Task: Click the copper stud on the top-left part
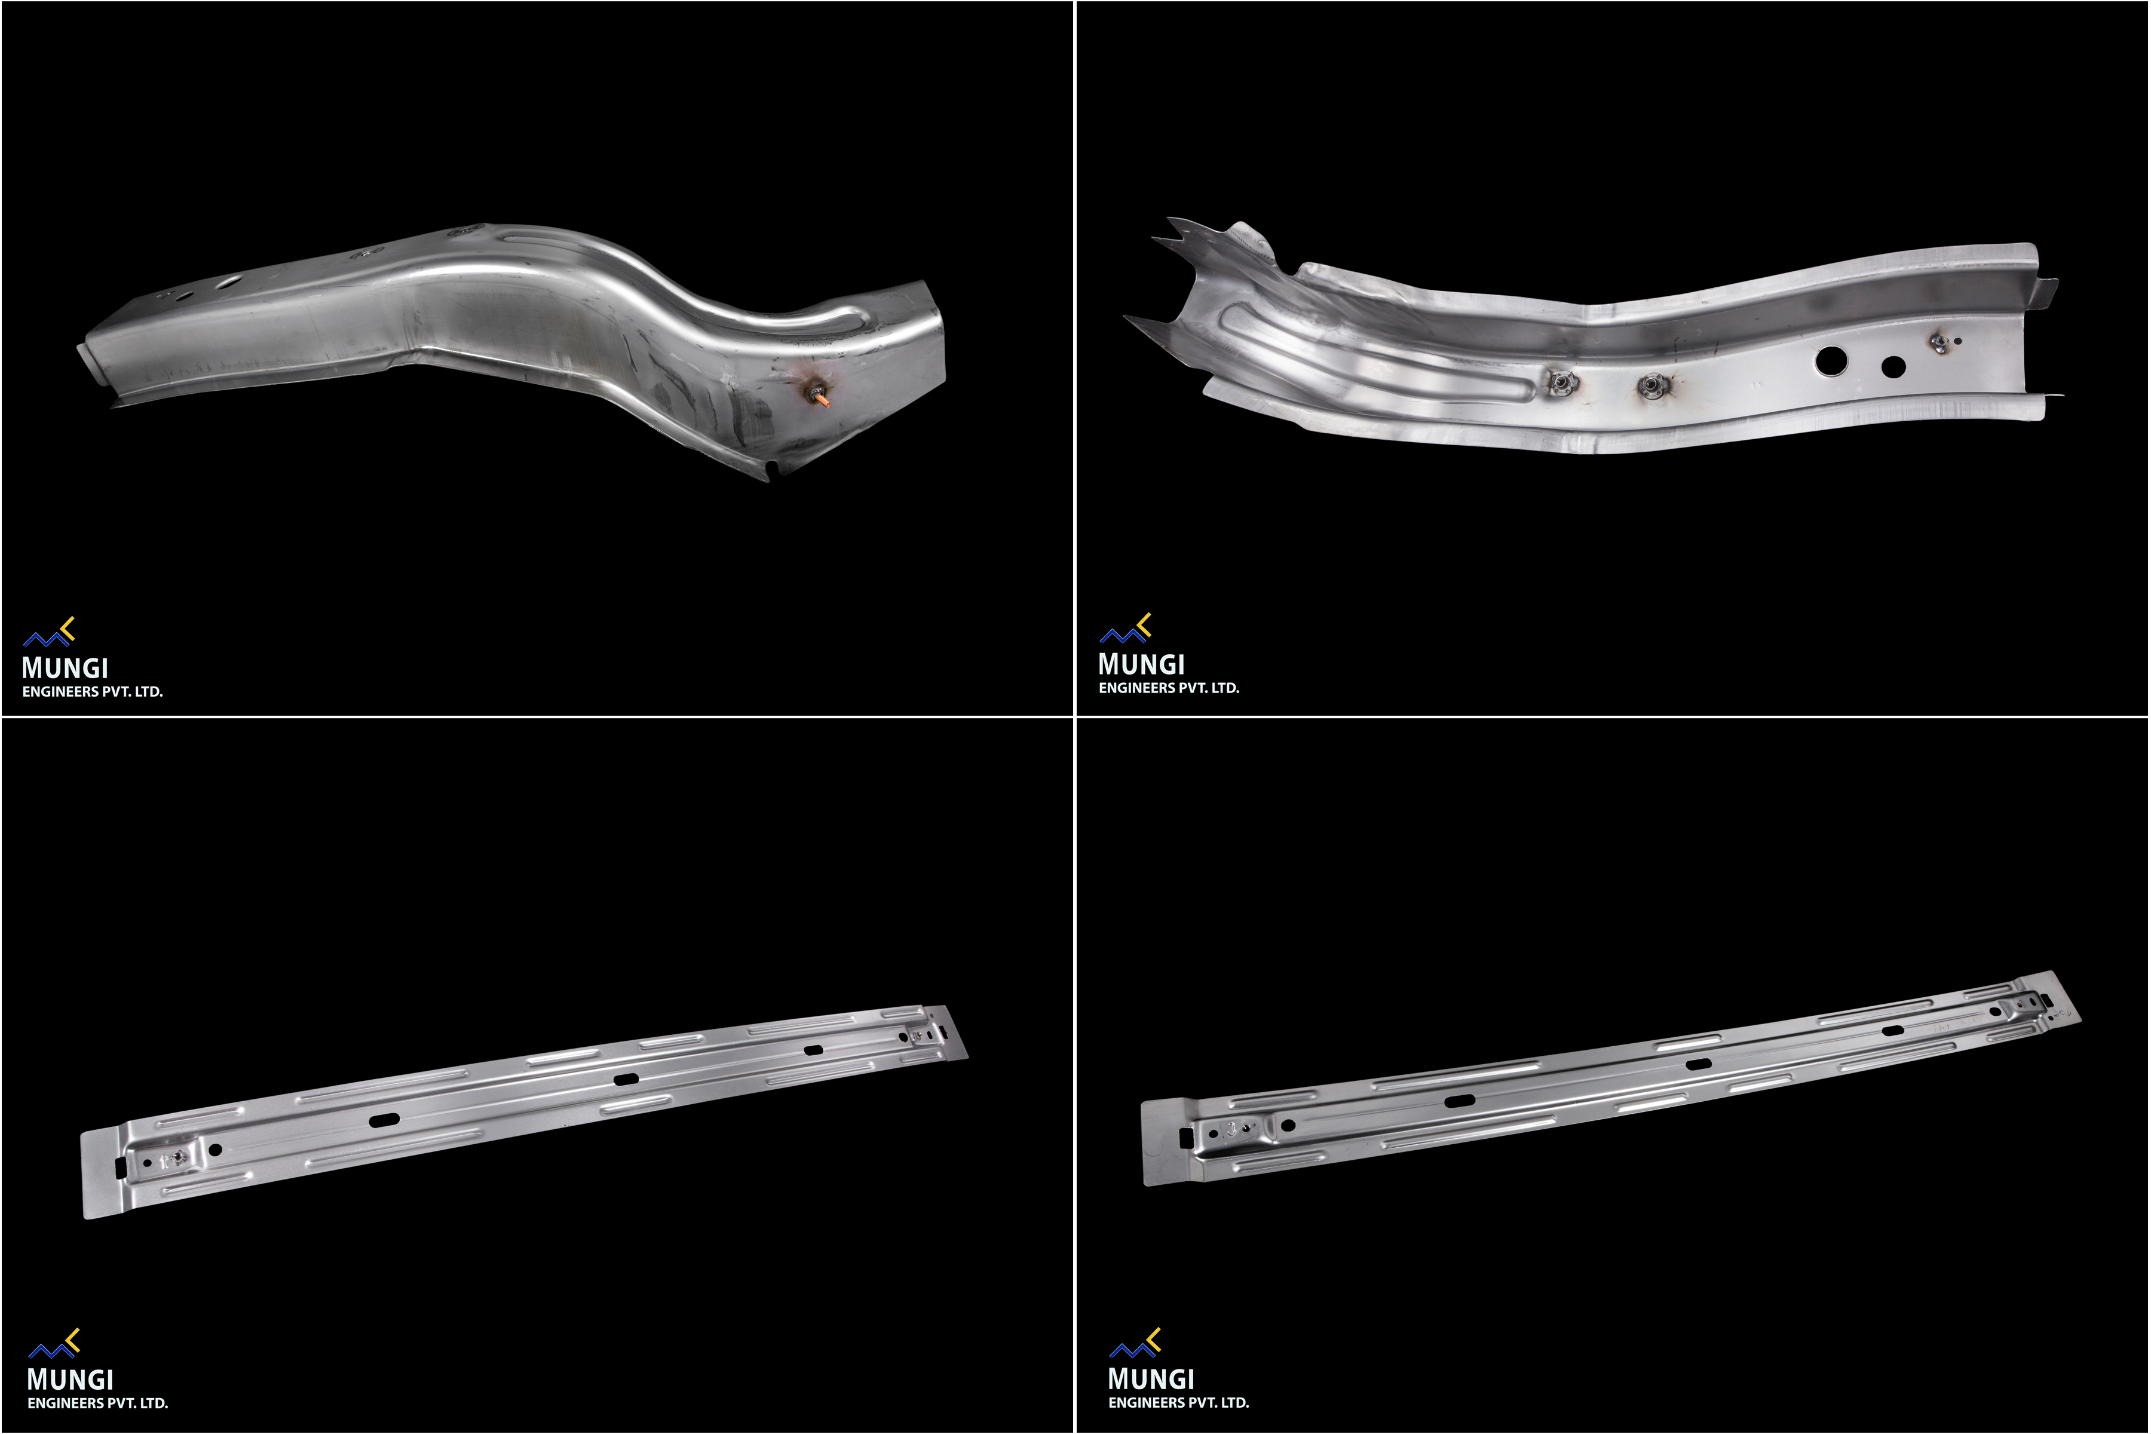point(820,397)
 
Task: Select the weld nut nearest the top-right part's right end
point(1937,343)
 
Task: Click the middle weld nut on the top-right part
point(1651,387)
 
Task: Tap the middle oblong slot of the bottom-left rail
point(626,1079)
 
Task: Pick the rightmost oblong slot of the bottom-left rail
point(812,1050)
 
